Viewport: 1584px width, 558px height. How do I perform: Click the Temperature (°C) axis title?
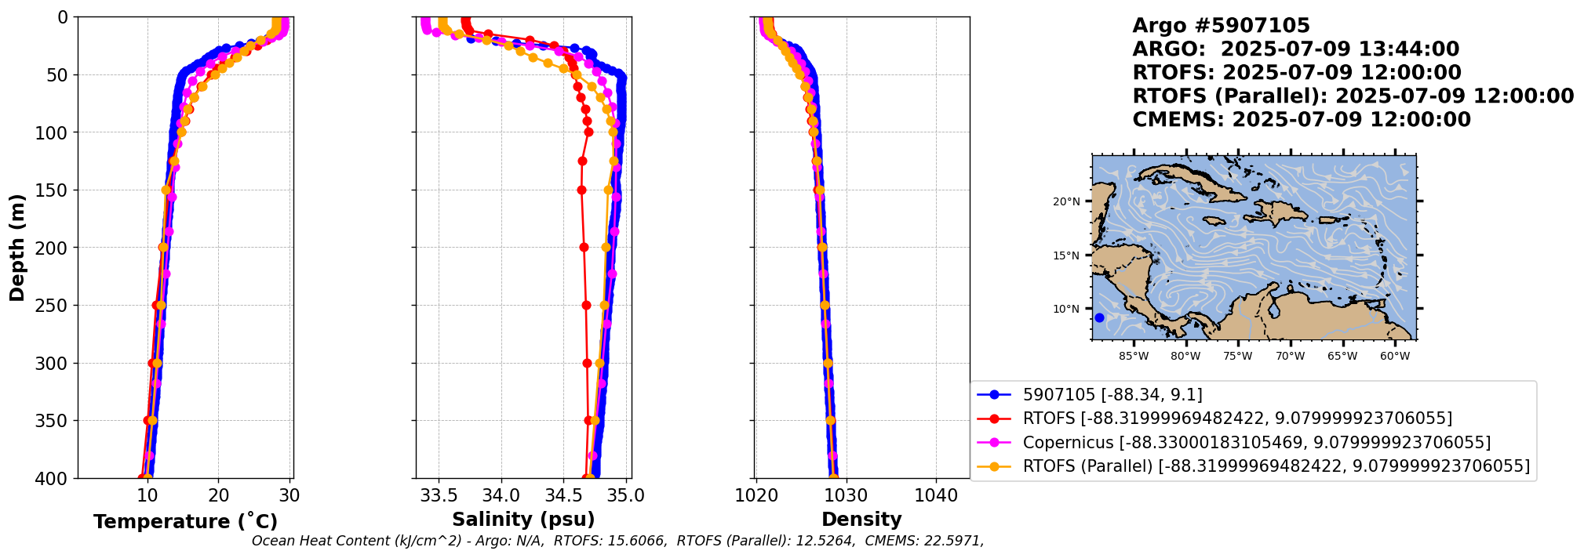(185, 522)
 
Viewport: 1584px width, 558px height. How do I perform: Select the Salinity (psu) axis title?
(523, 520)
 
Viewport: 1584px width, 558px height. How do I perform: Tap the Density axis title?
(861, 520)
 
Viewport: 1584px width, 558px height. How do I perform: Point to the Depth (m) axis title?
(17, 248)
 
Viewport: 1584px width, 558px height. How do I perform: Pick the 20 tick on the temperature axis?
(219, 495)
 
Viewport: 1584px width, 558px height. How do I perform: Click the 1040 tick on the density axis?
(936, 495)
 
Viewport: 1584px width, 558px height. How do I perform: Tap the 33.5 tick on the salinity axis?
(439, 495)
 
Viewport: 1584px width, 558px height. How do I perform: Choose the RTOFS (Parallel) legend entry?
(1276, 466)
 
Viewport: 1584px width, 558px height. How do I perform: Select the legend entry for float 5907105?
(1112, 395)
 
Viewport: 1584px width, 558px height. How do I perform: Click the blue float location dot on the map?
(1099, 317)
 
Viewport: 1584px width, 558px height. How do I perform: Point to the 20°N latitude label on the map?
(1066, 201)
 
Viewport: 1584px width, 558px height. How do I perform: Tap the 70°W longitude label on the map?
(1290, 357)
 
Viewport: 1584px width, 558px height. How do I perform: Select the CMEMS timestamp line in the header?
(1301, 120)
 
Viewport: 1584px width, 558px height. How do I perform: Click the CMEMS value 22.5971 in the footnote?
(952, 541)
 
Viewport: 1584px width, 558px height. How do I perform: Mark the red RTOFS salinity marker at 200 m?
(584, 248)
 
